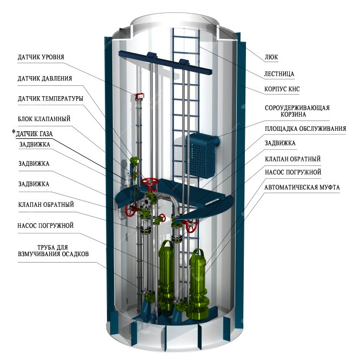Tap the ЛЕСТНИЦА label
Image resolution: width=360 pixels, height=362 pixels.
[280, 73]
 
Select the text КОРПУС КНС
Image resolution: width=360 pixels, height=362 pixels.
[284, 87]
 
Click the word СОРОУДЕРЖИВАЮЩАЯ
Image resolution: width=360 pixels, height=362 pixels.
[297, 107]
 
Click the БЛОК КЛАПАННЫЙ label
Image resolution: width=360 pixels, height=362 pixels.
[44, 118]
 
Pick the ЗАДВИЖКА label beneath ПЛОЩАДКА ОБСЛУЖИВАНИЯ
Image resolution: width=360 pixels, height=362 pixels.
[279, 143]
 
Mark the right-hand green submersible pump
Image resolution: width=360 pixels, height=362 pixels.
[198, 276]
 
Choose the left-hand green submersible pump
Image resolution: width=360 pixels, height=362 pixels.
[166, 270]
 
